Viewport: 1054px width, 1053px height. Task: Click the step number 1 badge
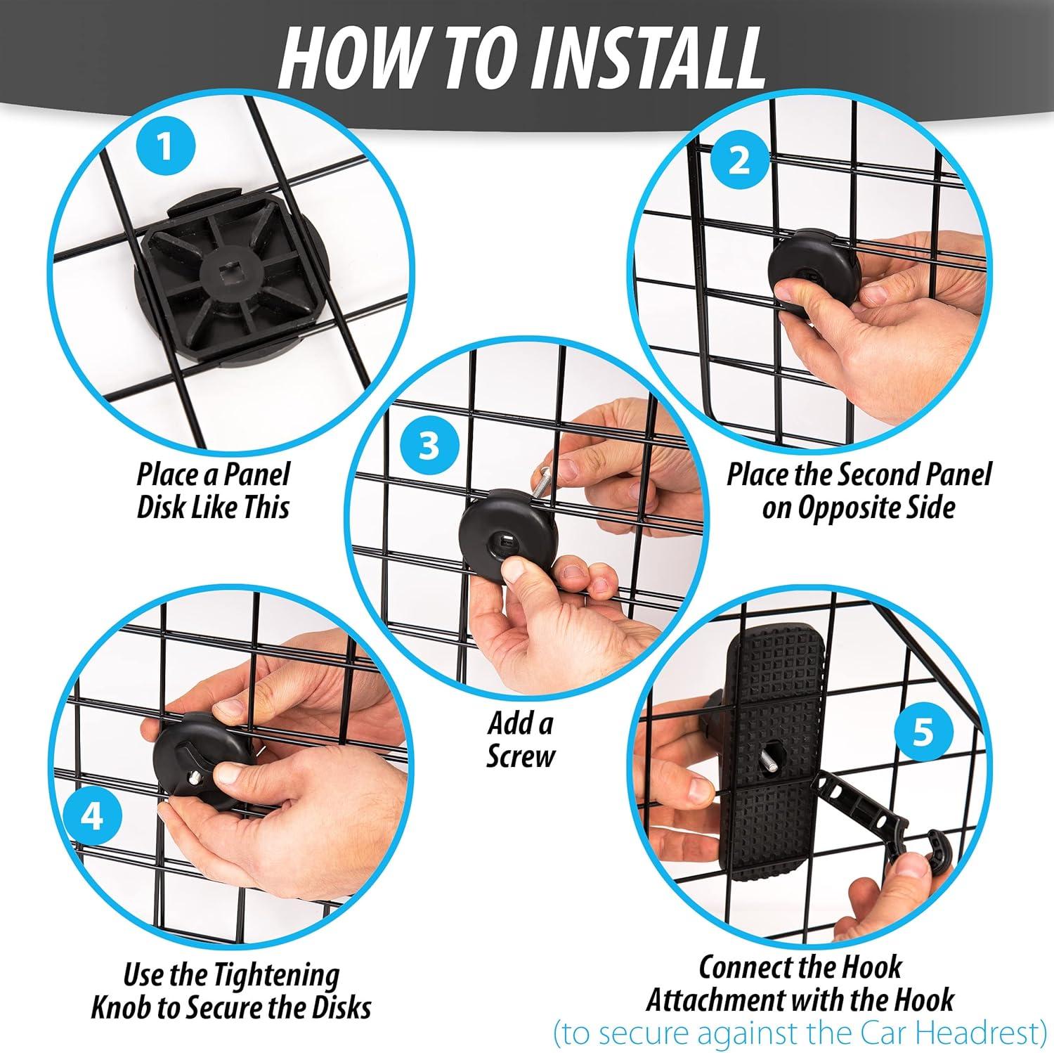pyautogui.click(x=164, y=150)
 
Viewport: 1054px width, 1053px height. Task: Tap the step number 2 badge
pyautogui.click(x=740, y=161)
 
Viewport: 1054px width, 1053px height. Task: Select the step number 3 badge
pyautogui.click(x=428, y=445)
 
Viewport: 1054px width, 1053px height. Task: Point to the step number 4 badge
pyautogui.click(x=93, y=818)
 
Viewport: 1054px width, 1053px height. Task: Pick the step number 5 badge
pyautogui.click(x=923, y=732)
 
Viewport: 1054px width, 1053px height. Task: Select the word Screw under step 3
pyautogui.click(x=521, y=756)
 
